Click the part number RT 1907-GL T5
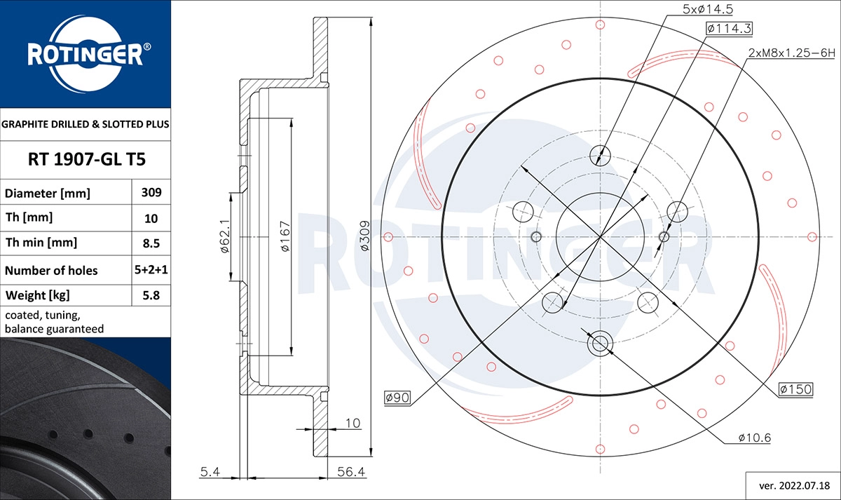(86, 160)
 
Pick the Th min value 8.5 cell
(151, 243)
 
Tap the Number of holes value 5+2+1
(151, 270)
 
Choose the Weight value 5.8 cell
(151, 295)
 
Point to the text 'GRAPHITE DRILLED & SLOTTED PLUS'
(86, 124)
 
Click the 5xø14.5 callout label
(707, 8)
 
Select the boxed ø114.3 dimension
(729, 29)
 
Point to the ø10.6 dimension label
(754, 438)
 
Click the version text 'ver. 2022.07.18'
(793, 485)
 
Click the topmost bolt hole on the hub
(600, 154)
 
